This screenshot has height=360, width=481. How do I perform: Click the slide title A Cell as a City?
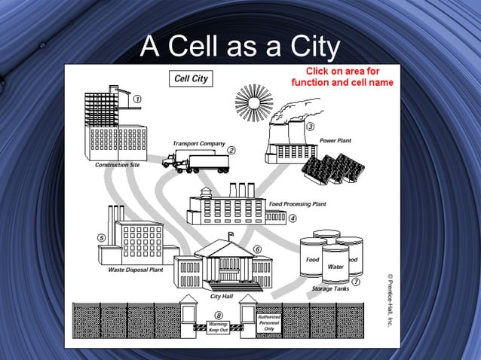pos(240,47)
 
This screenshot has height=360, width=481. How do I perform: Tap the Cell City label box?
pos(191,78)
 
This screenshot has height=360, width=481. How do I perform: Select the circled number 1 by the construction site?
pos(139,98)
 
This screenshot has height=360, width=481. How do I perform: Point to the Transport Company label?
pos(198,143)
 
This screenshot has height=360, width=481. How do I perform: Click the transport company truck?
pos(195,161)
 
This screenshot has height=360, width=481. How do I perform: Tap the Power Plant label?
pos(334,141)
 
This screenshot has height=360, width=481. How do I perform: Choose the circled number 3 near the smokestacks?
pos(310,126)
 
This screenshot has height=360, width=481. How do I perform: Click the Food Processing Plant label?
pos(297,204)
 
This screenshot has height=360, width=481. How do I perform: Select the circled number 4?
pos(292,218)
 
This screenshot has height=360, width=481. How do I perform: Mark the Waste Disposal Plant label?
pos(136,269)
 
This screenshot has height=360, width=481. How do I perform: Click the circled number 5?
pos(101,237)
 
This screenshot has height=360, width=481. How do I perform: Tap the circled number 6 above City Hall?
pos(257,249)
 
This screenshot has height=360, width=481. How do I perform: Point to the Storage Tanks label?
pos(330,289)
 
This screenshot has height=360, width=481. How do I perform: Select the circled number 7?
pos(355,282)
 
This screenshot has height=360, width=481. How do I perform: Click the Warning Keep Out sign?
pos(219,328)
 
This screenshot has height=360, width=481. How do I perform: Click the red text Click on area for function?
pos(342,77)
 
